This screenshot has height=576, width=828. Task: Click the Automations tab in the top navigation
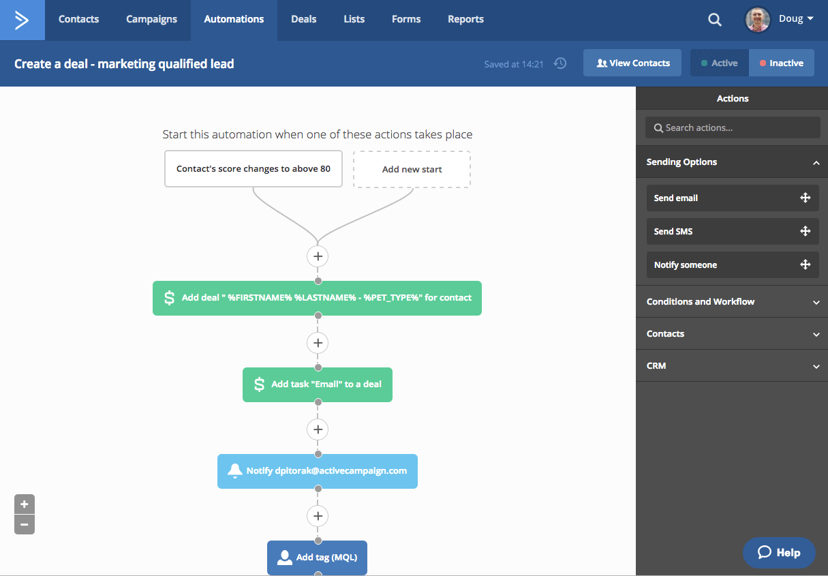pos(234,19)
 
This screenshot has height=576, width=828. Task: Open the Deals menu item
pos(303,19)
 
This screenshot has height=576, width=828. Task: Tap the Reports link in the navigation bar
pos(465,19)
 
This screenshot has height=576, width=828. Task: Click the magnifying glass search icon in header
pos(714,20)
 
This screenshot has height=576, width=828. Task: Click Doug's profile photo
pos(757,20)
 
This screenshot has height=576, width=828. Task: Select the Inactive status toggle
pos(782,63)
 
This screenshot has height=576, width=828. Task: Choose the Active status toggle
pos(720,63)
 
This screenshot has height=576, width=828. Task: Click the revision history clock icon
pos(560,63)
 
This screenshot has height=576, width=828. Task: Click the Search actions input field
pos(733,127)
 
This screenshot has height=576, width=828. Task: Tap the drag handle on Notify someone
pos(805,264)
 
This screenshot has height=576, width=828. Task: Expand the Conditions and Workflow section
pos(732,302)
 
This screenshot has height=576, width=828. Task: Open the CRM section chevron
pos(816,366)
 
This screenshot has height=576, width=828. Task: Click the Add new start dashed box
pos(412,169)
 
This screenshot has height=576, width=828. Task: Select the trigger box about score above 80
pos(254,168)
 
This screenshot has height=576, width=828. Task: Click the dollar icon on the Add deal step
pos(169,298)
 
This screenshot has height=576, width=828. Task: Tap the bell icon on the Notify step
pos(234,471)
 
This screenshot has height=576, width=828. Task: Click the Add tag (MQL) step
pos(317,558)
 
